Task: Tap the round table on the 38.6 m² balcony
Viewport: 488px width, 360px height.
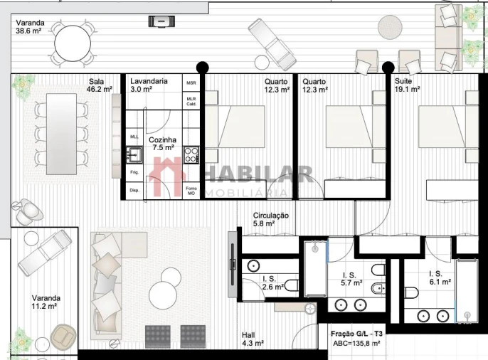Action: (71, 43)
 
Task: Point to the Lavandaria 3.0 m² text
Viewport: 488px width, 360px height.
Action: (149, 85)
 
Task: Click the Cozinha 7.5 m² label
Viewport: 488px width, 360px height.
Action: (162, 144)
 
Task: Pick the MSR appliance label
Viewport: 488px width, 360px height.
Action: (191, 83)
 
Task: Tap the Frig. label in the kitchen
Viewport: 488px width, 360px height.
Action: (134, 172)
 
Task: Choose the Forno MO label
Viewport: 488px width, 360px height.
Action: (191, 191)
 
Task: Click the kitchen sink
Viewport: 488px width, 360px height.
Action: (134, 154)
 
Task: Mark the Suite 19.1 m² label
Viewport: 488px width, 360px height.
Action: (407, 85)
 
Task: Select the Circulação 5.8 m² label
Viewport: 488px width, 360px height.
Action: (271, 219)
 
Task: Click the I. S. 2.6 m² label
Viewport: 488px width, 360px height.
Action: (273, 282)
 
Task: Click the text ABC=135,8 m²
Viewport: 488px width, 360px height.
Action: (356, 344)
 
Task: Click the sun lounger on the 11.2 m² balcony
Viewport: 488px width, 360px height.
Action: (44, 253)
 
